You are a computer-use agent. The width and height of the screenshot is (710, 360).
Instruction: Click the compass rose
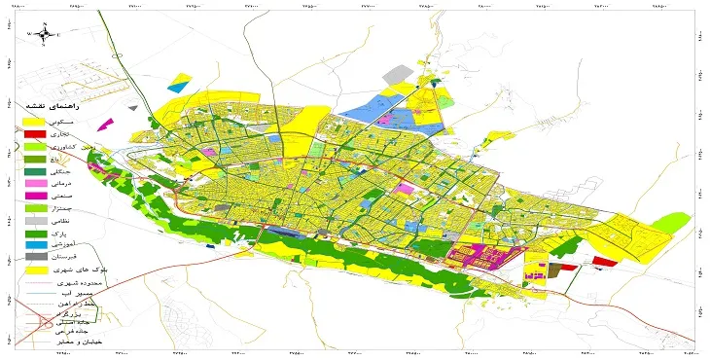pos(44,34)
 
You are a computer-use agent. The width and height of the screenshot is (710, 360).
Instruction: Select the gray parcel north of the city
pos(397,74)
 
